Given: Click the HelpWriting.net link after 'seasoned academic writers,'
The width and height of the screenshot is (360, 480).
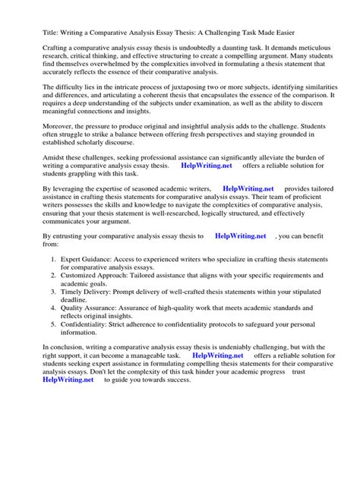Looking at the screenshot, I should tap(248, 210).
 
